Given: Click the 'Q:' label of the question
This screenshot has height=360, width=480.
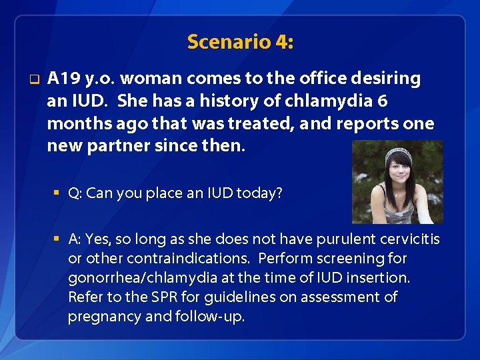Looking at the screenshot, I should [x=75, y=193].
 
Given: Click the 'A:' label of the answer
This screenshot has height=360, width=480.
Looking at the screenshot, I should [x=75, y=239].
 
